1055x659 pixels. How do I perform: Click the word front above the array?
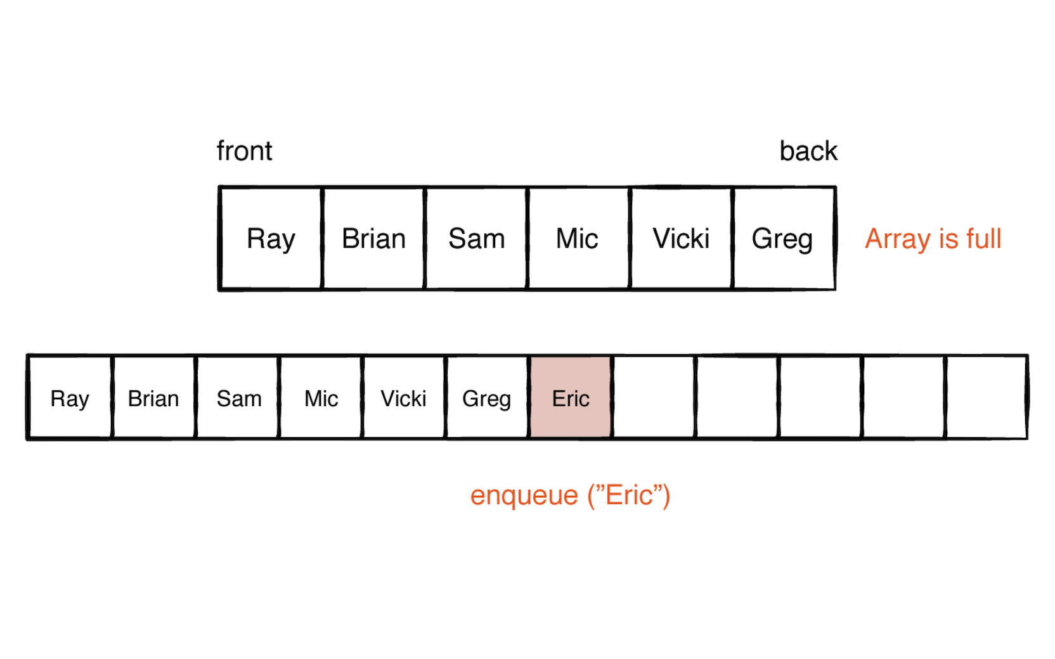pos(244,151)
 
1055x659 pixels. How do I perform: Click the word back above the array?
pos(808,151)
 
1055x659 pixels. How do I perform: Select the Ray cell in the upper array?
pos(271,239)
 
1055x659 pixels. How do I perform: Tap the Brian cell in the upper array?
pos(373,239)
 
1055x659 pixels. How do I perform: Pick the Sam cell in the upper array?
pos(476,239)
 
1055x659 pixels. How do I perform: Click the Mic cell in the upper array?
pos(577,239)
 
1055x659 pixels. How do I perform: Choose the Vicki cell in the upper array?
pos(681,239)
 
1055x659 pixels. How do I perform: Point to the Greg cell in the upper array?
pos(782,239)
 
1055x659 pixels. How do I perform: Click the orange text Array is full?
pos(933,239)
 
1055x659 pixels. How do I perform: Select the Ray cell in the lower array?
pos(70,398)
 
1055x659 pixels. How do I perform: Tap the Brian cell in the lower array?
pos(153,398)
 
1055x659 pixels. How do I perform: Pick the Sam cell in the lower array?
pos(238,398)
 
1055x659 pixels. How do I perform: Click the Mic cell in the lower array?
pos(321,398)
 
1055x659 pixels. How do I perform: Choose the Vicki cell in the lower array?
pos(403,398)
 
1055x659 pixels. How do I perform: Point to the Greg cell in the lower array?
pos(486,398)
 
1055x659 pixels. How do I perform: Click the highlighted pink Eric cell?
pos(571,398)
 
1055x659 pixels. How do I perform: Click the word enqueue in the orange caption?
pos(524,496)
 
